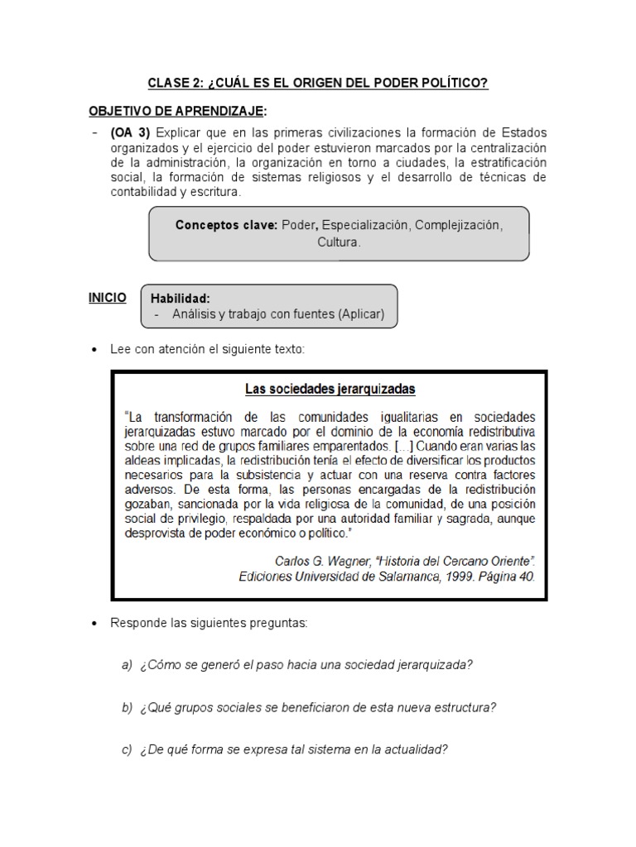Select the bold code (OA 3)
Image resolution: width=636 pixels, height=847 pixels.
tap(129, 133)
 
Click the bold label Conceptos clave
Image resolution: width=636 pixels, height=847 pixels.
tap(226, 225)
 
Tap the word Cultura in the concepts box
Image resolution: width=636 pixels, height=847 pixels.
tap(339, 243)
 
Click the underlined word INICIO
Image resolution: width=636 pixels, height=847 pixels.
tap(108, 297)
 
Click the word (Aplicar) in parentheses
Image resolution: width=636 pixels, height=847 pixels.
tap(355, 314)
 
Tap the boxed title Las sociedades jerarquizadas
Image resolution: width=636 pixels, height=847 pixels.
tap(330, 388)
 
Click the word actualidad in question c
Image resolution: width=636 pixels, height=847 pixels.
tap(412, 750)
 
